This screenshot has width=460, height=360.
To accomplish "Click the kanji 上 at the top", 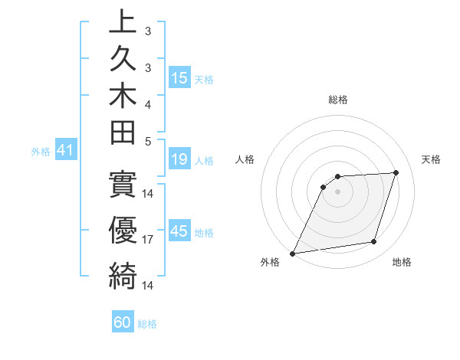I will [x=123, y=22].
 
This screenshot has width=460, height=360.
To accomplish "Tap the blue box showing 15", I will [x=179, y=77].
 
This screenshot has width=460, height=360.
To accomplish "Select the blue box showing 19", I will [x=179, y=159].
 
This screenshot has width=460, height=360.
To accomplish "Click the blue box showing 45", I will [x=179, y=231].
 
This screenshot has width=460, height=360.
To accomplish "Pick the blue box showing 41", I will [x=64, y=151].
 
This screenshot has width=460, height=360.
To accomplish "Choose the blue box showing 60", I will [x=123, y=322].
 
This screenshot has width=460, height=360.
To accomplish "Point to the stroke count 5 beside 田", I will [x=148, y=142].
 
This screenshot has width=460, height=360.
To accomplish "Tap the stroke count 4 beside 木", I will [x=148, y=104].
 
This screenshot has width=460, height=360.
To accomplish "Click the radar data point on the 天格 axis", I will [x=396, y=172].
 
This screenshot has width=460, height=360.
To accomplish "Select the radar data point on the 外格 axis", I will [x=293, y=253].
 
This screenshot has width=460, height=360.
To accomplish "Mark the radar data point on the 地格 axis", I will [x=374, y=242].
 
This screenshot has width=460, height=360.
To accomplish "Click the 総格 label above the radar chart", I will [x=337, y=100].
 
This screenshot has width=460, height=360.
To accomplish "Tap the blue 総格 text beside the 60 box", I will [x=147, y=324].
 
